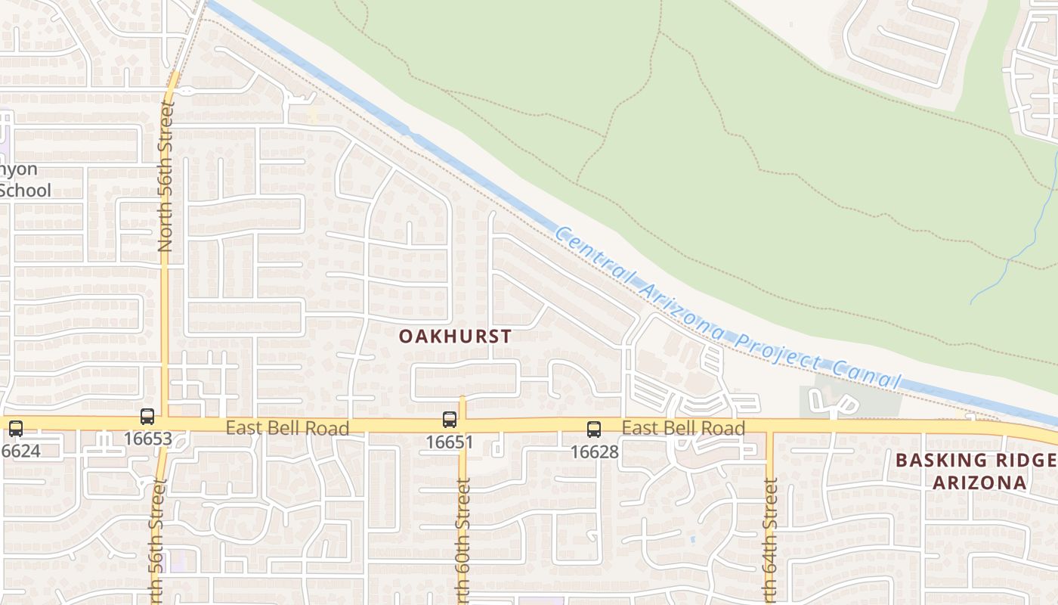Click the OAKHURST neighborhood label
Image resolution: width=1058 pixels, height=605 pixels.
pyautogui.click(x=455, y=336)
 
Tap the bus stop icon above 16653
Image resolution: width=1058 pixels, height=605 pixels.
pyautogui.click(x=147, y=417)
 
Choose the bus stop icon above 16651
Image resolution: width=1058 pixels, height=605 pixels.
pyautogui.click(x=450, y=420)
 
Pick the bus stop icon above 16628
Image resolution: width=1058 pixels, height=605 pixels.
pyautogui.click(x=594, y=430)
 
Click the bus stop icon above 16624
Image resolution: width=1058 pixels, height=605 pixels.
pyautogui.click(x=16, y=429)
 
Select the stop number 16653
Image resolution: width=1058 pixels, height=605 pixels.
pyautogui.click(x=148, y=439)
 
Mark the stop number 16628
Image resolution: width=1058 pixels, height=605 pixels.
pyautogui.click(x=594, y=452)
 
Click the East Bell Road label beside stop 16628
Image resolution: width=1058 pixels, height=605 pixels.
pyautogui.click(x=683, y=428)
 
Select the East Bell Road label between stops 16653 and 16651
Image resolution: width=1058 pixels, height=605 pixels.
pyautogui.click(x=287, y=428)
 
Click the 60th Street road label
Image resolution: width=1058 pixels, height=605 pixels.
pyautogui.click(x=463, y=537)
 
